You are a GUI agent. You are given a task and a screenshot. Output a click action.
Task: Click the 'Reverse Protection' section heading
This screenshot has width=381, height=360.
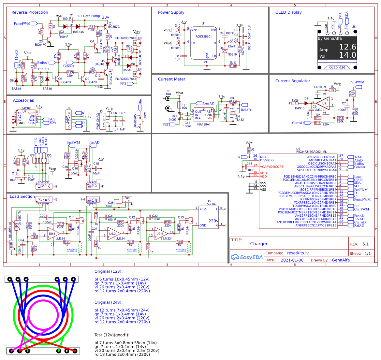(30, 12)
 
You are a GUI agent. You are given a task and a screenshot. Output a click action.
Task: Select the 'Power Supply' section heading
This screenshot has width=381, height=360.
(171, 12)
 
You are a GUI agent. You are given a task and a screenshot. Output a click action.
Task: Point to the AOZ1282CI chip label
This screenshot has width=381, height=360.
(203, 36)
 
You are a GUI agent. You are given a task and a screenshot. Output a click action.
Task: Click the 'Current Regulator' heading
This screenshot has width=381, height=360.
(293, 81)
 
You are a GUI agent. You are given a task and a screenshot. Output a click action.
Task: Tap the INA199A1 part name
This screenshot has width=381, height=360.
(203, 124)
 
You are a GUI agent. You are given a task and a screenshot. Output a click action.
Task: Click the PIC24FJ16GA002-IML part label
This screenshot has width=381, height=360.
(311, 152)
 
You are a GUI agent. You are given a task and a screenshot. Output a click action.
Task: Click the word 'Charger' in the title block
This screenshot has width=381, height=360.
(259, 244)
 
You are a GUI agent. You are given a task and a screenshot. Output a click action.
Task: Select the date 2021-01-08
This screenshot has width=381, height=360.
(292, 260)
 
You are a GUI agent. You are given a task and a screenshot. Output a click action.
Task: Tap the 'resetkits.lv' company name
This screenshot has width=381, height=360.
(298, 253)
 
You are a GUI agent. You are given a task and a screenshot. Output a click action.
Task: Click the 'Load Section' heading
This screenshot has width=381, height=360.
(22, 196)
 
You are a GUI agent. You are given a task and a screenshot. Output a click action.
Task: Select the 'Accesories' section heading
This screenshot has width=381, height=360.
(23, 100)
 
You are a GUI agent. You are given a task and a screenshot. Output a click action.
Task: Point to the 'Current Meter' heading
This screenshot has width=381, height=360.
(171, 79)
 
